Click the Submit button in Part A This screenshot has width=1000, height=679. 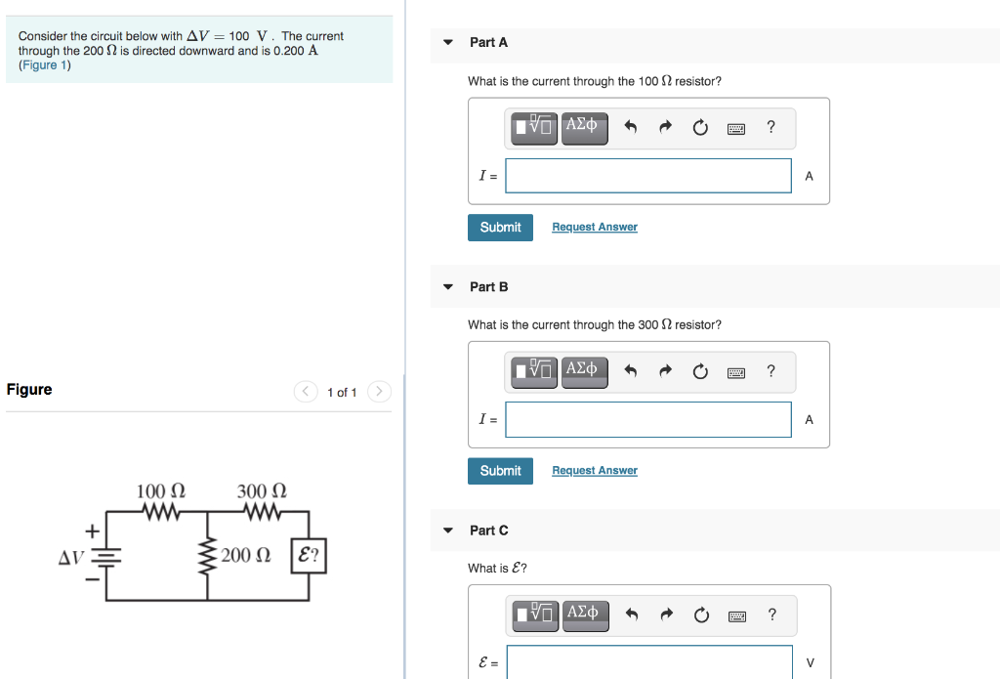tap(500, 227)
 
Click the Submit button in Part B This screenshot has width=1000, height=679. tap(500, 471)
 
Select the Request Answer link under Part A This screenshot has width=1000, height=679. tap(594, 227)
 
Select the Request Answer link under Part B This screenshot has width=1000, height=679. tap(594, 471)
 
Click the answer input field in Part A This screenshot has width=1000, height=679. tap(648, 176)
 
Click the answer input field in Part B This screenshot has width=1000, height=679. tap(648, 420)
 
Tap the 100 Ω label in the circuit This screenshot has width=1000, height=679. tap(161, 490)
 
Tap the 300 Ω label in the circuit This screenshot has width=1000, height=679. tap(262, 490)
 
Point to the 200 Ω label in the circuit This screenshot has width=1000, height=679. tap(245, 556)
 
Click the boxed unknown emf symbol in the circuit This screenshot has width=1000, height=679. tap(309, 556)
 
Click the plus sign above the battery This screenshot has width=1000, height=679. tap(92, 531)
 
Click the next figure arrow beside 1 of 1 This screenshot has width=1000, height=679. tap(380, 392)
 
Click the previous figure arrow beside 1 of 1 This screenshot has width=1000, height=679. tap(307, 392)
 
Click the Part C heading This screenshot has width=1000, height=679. tap(488, 530)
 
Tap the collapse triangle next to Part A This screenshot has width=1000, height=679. tap(448, 43)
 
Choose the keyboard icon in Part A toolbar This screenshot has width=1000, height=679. tap(736, 128)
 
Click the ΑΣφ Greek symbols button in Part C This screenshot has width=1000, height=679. tap(582, 613)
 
